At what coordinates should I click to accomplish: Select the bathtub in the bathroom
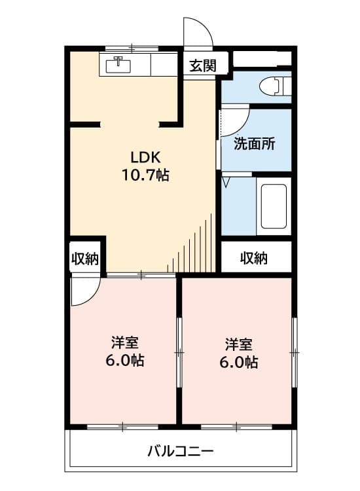point(272,206)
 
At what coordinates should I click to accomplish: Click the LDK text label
point(145,158)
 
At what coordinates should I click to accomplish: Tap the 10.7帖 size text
point(145,175)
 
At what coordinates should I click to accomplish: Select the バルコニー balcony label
point(180,451)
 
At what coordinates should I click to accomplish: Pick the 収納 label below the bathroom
point(254,258)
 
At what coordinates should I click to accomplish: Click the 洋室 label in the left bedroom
point(124,343)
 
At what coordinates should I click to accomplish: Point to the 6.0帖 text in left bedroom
point(124,361)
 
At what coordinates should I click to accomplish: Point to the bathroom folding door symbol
point(226,180)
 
